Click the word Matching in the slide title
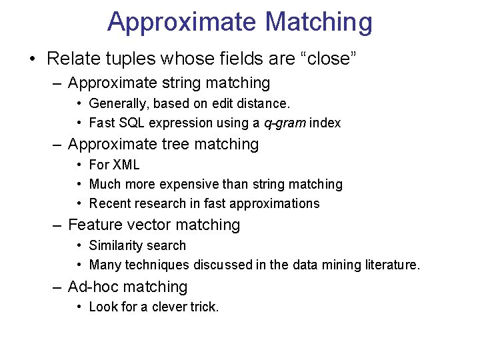click(x=318, y=23)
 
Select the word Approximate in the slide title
click(x=181, y=23)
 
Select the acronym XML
click(x=125, y=165)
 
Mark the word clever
click(x=170, y=307)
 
